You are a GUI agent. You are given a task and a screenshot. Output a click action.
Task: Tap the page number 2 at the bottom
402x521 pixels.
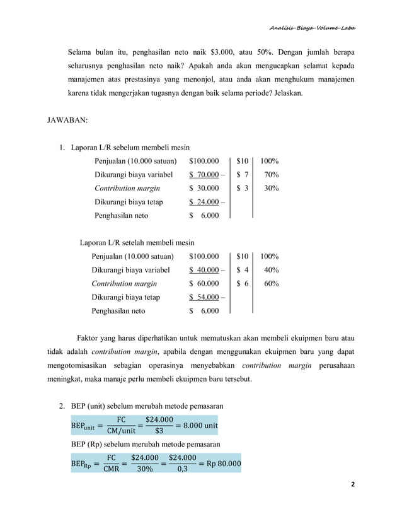[353, 484]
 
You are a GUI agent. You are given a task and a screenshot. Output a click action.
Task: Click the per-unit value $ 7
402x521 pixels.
[243, 175]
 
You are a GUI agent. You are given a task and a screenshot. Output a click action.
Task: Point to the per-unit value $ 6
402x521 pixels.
[243, 284]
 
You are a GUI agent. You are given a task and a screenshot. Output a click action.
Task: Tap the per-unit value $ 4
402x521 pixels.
[243, 270]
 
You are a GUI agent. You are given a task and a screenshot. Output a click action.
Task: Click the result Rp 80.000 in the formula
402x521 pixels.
[219, 464]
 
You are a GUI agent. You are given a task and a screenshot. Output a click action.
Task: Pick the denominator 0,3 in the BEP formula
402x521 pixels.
[178, 471]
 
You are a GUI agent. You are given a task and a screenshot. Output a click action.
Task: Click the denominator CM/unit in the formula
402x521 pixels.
[120, 432]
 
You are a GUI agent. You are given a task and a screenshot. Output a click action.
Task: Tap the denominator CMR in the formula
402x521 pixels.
[111, 471]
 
